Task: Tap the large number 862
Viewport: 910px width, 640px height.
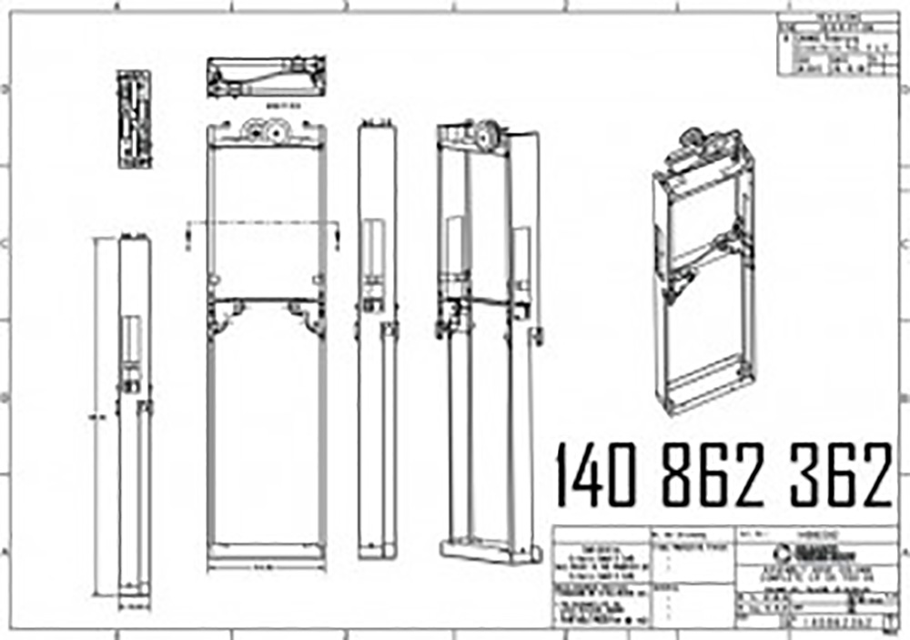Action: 713,475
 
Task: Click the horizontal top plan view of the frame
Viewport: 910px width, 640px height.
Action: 266,78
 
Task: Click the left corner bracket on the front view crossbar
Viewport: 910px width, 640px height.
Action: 223,315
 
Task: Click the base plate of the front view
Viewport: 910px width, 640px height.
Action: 266,550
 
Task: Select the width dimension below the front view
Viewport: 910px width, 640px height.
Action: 266,568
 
